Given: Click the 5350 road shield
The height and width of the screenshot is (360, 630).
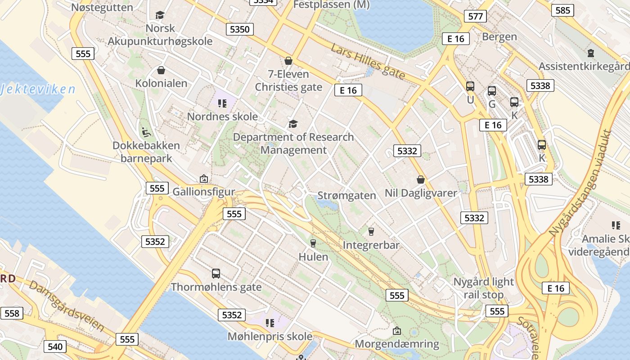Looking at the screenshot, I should coord(239,30).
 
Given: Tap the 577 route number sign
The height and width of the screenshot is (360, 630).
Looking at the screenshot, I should coord(475,17).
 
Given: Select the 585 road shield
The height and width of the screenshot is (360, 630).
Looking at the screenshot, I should coord(562,10).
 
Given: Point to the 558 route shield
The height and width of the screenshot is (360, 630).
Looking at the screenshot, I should coord(12,313).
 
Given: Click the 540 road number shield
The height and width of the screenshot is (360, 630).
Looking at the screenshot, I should coord(55,346).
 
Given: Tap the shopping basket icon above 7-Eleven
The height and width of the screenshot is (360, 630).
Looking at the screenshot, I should coord(288,61).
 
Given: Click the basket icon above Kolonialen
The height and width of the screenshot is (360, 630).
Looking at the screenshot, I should coord(161,70).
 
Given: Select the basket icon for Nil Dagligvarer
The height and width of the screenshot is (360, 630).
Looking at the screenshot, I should coord(421,180).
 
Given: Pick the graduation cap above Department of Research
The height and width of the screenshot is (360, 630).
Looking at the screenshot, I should coord(293,124).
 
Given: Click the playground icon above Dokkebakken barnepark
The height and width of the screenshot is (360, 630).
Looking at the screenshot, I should coord(146,132).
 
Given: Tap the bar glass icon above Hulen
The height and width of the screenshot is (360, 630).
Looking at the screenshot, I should coord(313,243).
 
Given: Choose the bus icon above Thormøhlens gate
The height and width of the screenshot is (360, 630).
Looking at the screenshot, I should coord(216,274).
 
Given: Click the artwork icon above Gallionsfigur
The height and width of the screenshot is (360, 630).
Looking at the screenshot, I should coord(203,179).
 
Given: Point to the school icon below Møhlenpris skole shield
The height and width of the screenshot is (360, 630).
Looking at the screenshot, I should coord(270,323).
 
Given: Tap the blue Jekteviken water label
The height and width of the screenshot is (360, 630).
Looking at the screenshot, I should coord(38,89).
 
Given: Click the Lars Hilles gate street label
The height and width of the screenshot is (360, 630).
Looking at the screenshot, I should coord(368,62).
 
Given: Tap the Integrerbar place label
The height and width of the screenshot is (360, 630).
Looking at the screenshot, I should coord(371,245).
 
